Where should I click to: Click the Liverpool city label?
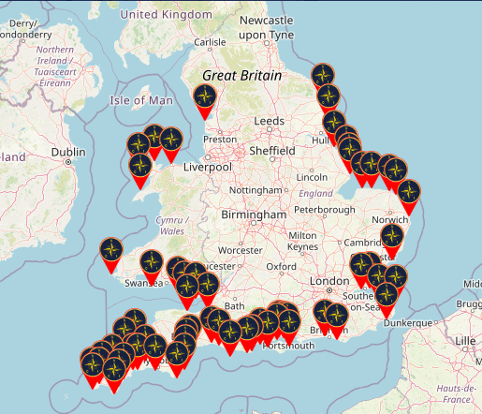click(x=208, y=167)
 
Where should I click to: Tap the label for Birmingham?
click(x=254, y=215)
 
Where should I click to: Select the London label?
click(x=329, y=282)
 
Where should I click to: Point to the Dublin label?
click(x=68, y=151)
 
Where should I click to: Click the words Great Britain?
click(x=244, y=74)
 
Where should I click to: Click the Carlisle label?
click(x=209, y=42)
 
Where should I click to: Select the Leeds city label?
click(x=269, y=122)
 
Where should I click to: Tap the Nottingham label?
click(x=255, y=190)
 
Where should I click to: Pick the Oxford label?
click(x=281, y=266)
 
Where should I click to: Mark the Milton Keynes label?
click(x=303, y=241)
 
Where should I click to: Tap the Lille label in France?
click(x=464, y=341)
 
